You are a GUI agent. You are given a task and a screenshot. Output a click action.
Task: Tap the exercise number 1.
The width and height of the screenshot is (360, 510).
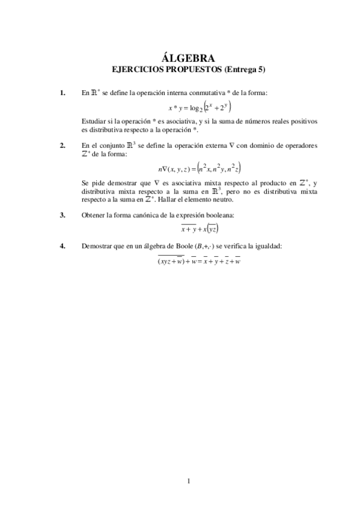[63, 93]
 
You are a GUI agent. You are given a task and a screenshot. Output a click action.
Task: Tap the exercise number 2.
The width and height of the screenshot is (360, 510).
[63, 146]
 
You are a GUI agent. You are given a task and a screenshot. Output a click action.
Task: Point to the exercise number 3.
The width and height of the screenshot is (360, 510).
[63, 215]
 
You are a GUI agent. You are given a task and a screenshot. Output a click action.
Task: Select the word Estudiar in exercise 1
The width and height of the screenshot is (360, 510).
[94, 121]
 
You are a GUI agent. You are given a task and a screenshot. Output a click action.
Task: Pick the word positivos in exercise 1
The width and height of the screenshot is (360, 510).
[285, 121]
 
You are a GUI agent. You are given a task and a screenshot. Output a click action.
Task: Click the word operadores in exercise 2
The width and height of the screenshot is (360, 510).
[285, 146]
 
